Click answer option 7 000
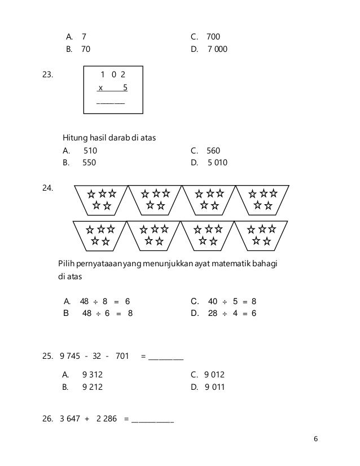[217, 49]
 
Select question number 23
[49, 74]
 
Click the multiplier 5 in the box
[125, 87]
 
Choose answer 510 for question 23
[90, 151]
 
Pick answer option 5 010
[217, 163]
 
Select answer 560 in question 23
[213, 151]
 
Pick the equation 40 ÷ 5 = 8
[232, 301]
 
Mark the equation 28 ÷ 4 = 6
[232, 313]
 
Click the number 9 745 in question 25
[69, 356]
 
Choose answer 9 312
[93, 375]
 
